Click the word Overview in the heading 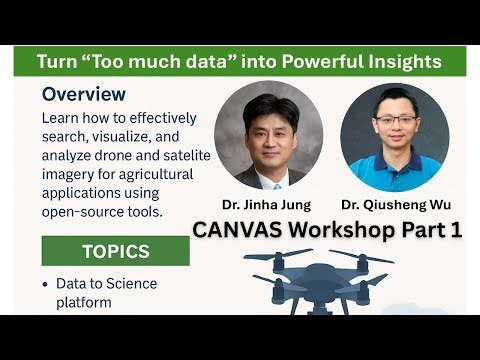(x=84, y=95)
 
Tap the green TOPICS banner (x=115, y=251)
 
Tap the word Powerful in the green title (x=322, y=62)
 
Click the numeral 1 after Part (x=455, y=229)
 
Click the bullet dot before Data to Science (x=45, y=284)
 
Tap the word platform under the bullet (x=85, y=301)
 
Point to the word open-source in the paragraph (x=85, y=212)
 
